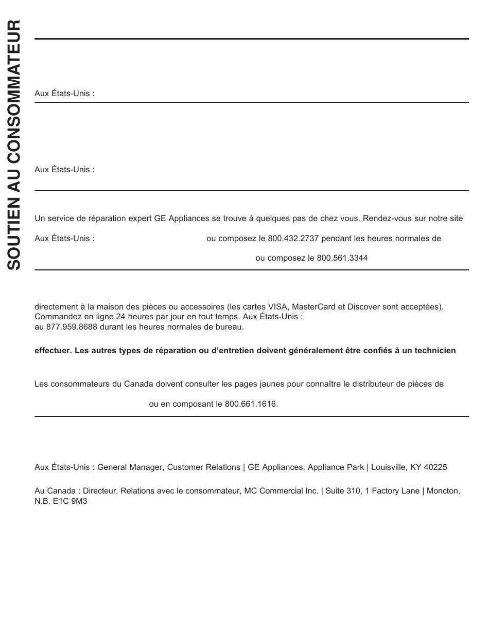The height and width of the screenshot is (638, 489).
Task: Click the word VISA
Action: tap(278, 307)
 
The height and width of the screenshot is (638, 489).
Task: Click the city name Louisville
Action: tap(388, 467)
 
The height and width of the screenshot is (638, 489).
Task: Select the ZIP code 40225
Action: tap(436, 467)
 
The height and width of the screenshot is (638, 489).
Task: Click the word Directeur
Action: tap(100, 491)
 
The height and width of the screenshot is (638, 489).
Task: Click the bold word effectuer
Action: tap(52, 351)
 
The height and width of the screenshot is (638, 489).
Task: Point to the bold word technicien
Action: tap(436, 351)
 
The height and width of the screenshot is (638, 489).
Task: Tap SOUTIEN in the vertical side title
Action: tap(14, 240)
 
